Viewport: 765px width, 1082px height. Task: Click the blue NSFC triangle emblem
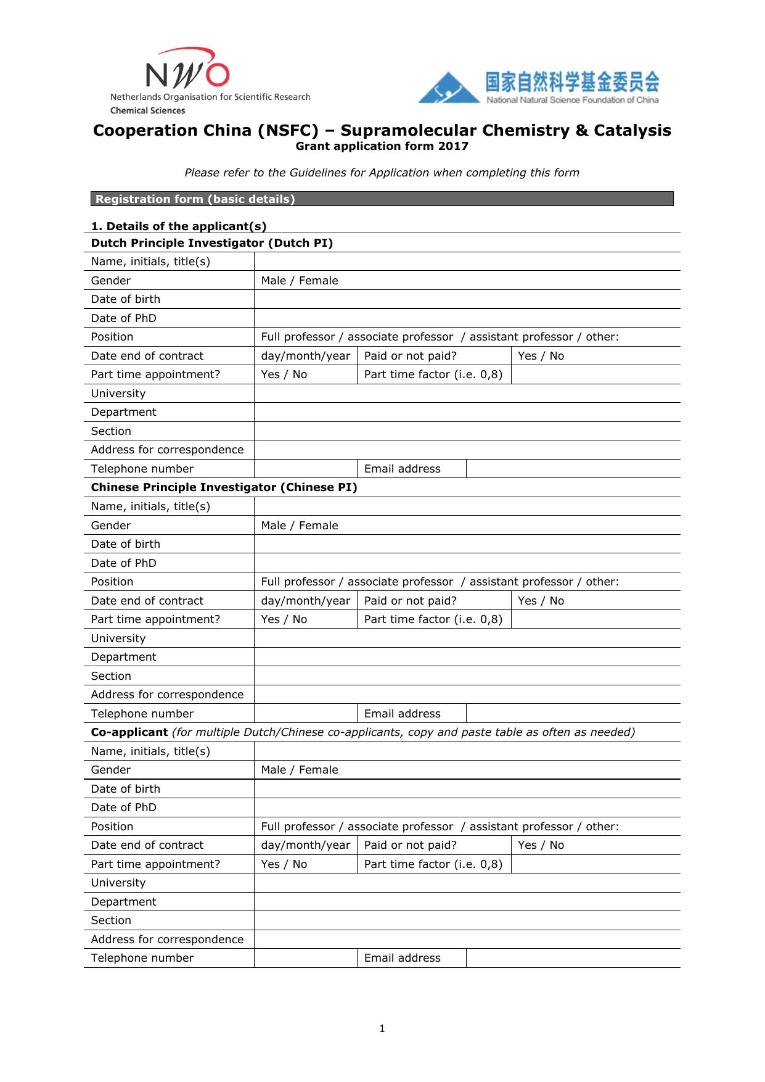[448, 89]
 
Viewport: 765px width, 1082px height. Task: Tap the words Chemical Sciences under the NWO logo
[147, 110]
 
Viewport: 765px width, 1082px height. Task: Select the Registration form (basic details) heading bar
[382, 199]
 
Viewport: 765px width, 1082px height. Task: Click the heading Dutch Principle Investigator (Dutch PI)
[211, 243]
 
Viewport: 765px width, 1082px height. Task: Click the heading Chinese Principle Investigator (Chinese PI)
[224, 487]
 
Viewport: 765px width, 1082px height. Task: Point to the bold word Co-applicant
[129, 732]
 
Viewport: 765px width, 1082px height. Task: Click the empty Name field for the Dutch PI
[467, 262]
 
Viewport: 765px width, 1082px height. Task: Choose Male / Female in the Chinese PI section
[300, 526]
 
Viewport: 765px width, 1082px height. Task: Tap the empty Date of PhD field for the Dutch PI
[467, 318]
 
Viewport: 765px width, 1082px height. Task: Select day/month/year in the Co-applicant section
[305, 845]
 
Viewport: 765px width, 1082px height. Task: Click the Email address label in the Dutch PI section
[402, 469]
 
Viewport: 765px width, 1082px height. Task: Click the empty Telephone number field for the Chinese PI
[305, 714]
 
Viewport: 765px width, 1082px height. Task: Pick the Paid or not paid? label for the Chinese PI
[410, 601]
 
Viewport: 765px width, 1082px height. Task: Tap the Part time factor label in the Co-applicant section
[433, 864]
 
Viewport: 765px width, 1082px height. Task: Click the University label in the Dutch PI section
[118, 394]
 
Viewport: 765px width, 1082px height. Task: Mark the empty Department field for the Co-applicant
[467, 902]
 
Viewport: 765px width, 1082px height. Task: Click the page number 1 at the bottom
[382, 1028]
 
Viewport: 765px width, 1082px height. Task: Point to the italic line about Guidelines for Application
[382, 173]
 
